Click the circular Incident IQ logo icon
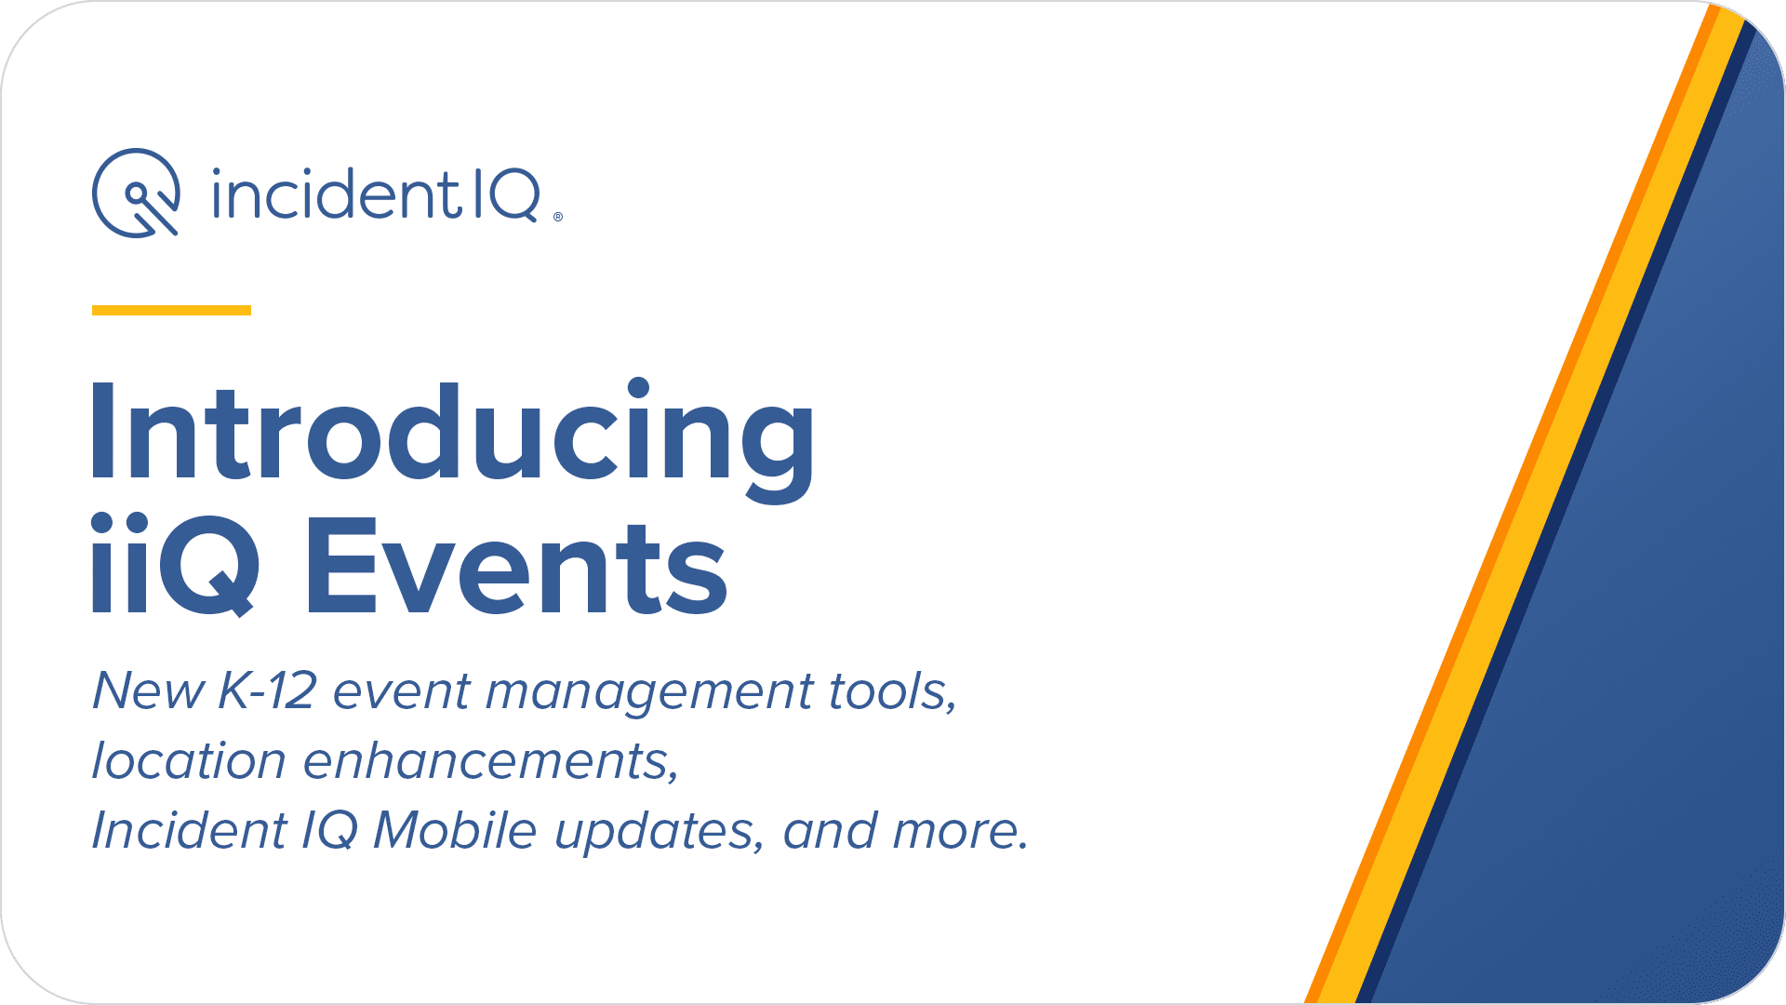pyautogui.click(x=136, y=194)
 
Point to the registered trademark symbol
pyautogui.click(x=558, y=217)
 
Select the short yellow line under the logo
pyautogui.click(x=171, y=310)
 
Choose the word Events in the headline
pyautogui.click(x=517, y=568)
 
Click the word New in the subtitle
pyautogui.click(x=148, y=691)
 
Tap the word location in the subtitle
pyautogui.click(x=189, y=760)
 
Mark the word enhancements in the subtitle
pyautogui.click(x=491, y=761)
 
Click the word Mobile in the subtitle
pyautogui.click(x=455, y=830)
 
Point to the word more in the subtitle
pyautogui.click(x=959, y=832)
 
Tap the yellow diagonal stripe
pyautogui.click(x=1531, y=502)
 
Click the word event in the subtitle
pyautogui.click(x=402, y=693)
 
